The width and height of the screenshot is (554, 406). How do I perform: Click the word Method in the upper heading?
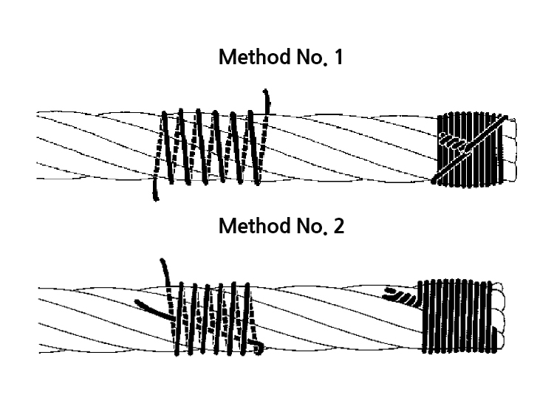(x=254, y=57)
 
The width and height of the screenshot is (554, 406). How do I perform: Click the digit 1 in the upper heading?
(x=338, y=57)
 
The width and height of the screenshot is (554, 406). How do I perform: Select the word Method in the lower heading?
(x=254, y=226)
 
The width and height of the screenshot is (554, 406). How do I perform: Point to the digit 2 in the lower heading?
(x=338, y=226)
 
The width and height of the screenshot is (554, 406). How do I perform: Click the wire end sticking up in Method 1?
(x=267, y=103)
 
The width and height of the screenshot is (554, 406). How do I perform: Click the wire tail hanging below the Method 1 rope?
(x=155, y=189)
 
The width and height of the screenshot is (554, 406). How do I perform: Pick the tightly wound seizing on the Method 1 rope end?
(x=470, y=149)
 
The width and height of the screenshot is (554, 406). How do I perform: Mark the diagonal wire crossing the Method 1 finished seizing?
(x=469, y=150)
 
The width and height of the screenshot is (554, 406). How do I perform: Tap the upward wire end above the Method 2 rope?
(x=165, y=272)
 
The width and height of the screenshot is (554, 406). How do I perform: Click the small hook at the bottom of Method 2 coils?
(x=258, y=347)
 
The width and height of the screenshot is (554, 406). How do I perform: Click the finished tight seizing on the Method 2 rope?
(x=458, y=316)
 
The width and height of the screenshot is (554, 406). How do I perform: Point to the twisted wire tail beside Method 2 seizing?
(x=403, y=297)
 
